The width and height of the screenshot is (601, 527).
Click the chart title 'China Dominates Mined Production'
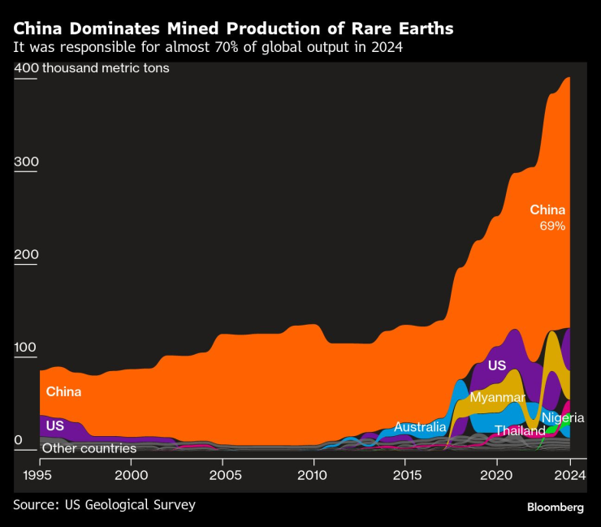click(233, 28)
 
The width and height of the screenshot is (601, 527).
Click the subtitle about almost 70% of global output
click(208, 47)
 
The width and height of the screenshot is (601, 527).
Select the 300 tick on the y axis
click(26, 162)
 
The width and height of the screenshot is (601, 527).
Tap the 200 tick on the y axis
click(26, 255)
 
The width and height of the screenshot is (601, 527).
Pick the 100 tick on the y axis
click(26, 348)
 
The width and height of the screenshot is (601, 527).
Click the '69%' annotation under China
click(552, 226)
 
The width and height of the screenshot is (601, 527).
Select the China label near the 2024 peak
click(547, 210)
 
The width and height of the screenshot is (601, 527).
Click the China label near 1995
click(63, 391)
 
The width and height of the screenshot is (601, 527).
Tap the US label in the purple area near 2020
click(497, 366)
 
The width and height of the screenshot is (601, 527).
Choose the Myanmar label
click(497, 398)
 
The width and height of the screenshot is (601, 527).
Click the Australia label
click(420, 426)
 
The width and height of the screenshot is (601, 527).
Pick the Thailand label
click(520, 430)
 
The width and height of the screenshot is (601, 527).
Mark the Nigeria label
click(563, 418)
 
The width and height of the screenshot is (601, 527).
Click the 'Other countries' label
click(89, 448)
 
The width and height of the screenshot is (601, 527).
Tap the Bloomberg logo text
click(556, 507)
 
